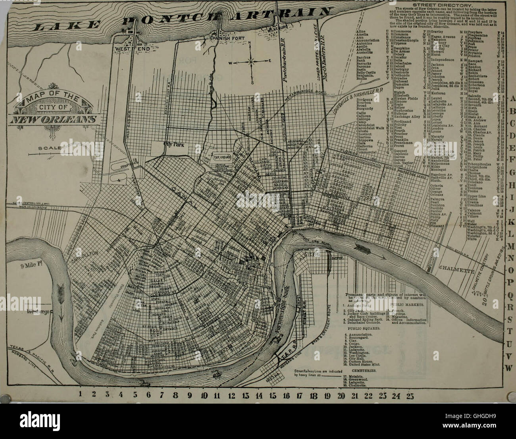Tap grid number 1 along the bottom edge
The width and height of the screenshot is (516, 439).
coord(81,394)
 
